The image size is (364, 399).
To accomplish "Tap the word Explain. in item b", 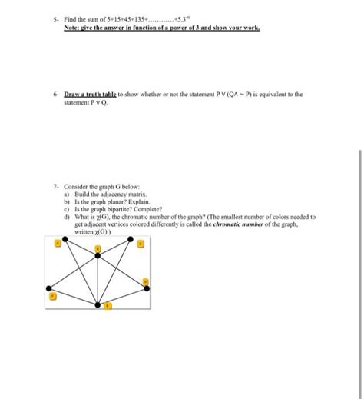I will pyautogui.click(x=131, y=201).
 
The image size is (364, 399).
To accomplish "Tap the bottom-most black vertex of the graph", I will pyautogui.click(x=98, y=306).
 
